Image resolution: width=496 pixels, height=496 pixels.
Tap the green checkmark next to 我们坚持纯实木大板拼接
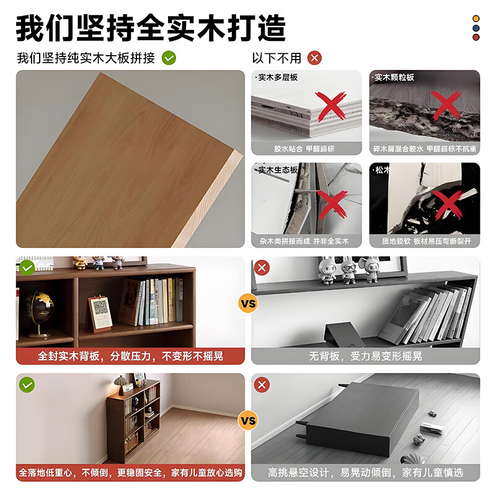[169, 58]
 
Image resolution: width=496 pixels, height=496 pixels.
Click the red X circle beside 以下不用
[315, 58]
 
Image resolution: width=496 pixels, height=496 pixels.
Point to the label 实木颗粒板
[394, 77]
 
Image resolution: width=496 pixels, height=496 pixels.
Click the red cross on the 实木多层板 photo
[331, 105]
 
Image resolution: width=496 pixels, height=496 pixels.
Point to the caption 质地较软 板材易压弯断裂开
[424, 241]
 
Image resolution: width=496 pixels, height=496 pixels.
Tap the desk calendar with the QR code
[99, 313]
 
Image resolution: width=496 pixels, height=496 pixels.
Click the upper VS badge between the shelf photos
[247, 304]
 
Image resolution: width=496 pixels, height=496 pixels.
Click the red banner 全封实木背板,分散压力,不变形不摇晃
[130, 356]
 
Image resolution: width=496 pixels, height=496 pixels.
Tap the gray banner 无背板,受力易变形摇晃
[366, 356]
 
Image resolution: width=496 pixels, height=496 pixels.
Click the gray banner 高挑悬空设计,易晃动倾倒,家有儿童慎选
[366, 472]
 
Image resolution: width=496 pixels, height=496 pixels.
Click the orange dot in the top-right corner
[476, 19]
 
